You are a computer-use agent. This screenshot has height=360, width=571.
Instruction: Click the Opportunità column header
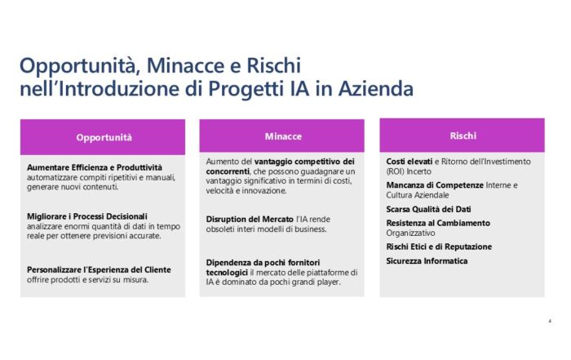[x=104, y=138]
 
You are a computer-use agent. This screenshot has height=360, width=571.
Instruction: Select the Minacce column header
[x=283, y=136]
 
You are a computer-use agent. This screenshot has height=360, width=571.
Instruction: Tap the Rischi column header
[x=463, y=136]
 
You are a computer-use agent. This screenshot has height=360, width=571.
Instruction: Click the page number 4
[x=550, y=321]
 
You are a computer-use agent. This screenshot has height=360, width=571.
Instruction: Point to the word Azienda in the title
[x=376, y=88]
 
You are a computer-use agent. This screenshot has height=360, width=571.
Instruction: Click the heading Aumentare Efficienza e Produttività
[x=95, y=167]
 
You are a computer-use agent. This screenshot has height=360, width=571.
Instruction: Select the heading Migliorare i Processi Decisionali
[x=87, y=216]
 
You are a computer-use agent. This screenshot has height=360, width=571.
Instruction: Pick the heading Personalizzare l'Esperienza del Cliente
[x=99, y=270]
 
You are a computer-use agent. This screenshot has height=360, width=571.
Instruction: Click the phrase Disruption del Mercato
[x=250, y=220]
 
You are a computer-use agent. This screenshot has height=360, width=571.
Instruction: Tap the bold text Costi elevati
[x=409, y=162]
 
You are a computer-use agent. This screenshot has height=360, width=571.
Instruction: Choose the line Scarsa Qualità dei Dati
[x=428, y=209]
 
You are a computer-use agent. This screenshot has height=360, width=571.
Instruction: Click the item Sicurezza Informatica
[x=427, y=261]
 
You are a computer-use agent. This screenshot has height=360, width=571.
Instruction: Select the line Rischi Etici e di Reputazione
[x=439, y=247]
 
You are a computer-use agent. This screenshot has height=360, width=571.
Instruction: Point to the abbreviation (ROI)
[x=395, y=171]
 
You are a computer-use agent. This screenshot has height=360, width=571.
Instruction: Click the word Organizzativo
[x=410, y=233]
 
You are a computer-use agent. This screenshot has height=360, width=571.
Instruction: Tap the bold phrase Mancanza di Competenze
[x=435, y=185]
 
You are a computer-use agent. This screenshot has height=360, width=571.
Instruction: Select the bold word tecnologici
[x=227, y=273]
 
